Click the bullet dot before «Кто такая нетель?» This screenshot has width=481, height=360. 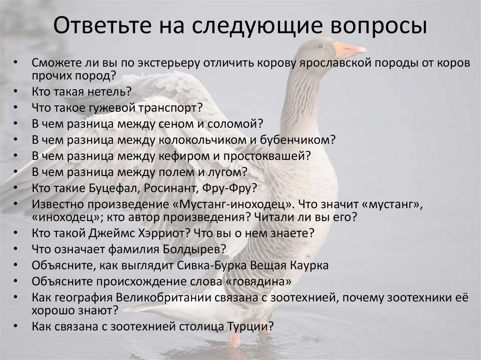(x=16, y=91)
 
